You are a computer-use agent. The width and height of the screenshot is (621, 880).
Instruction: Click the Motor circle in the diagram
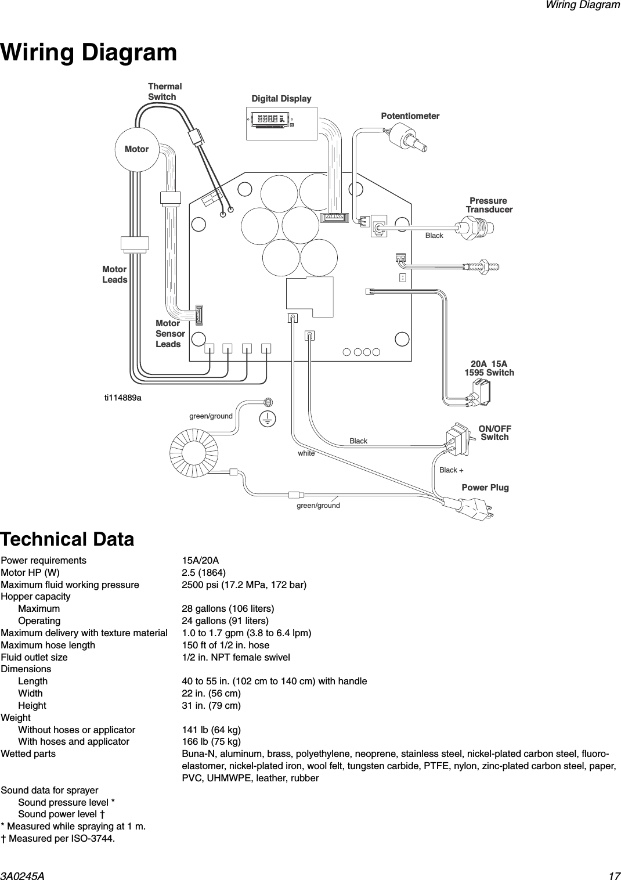[x=136, y=149]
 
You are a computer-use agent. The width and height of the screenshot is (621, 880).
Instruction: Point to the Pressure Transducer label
[x=489, y=205]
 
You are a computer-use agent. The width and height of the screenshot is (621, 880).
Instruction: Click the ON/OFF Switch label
[x=494, y=432]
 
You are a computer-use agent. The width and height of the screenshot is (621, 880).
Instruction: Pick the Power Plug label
[x=485, y=487]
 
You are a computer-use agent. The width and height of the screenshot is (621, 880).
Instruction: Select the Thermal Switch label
[x=164, y=92]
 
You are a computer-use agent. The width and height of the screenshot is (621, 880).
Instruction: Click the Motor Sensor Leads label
[x=170, y=334]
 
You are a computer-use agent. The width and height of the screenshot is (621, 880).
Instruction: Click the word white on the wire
[x=306, y=453]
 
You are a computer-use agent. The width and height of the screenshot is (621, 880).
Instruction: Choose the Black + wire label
[x=451, y=470]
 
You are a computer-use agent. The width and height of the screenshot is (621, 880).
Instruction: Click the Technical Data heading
[x=67, y=539]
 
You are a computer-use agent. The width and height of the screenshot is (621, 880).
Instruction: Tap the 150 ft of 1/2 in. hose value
[x=226, y=645]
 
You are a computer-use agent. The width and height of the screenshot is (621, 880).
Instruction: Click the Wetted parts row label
[x=28, y=753]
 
